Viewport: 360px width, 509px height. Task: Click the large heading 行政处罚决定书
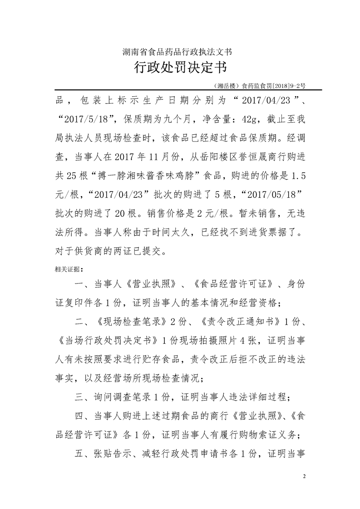(180, 69)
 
